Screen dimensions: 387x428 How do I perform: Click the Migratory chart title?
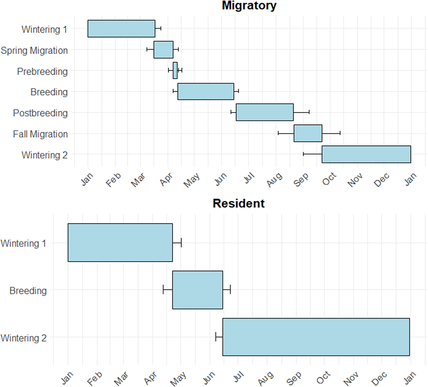(x=249, y=6)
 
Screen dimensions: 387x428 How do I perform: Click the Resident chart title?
(x=238, y=203)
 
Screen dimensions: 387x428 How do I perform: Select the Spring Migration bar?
(x=163, y=50)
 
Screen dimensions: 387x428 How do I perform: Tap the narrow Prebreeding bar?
(x=175, y=70)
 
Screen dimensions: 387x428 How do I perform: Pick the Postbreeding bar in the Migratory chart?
(x=265, y=112)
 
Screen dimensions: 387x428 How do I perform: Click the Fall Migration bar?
(x=308, y=133)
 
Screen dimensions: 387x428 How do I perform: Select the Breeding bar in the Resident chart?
(x=197, y=290)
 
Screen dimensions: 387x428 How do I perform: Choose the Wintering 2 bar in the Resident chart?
(x=316, y=337)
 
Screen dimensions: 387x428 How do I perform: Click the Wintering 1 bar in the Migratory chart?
(x=121, y=28)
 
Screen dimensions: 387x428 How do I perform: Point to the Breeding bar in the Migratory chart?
(x=206, y=91)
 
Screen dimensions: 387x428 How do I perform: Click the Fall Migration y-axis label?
(x=40, y=134)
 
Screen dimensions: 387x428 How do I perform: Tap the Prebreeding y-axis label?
(x=42, y=71)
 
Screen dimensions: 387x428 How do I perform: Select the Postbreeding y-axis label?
(x=40, y=113)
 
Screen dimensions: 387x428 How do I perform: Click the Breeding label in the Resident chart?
(x=28, y=291)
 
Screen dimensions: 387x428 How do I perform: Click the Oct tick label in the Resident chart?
(x=324, y=378)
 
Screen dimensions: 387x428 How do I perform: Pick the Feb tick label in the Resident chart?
(x=94, y=379)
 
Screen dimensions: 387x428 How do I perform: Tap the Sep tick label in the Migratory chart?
(x=301, y=180)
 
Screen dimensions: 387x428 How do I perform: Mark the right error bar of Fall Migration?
(x=331, y=133)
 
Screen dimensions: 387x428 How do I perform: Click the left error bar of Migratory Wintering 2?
(x=312, y=154)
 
